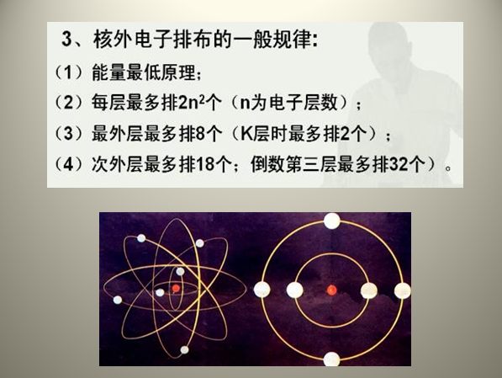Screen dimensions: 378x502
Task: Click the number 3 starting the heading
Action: tap(69, 40)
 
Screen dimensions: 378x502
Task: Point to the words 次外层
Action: tap(112, 165)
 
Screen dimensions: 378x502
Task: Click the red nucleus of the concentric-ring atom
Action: tap(331, 290)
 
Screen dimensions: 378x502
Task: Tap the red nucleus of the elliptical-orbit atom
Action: tap(176, 289)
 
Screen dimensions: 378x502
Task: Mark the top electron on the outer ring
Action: tap(331, 221)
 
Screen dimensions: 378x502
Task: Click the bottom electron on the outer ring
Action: tap(331, 359)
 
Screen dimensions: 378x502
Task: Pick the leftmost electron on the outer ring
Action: tap(262, 290)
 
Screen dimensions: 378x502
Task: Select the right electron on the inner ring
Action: tap(368, 290)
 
